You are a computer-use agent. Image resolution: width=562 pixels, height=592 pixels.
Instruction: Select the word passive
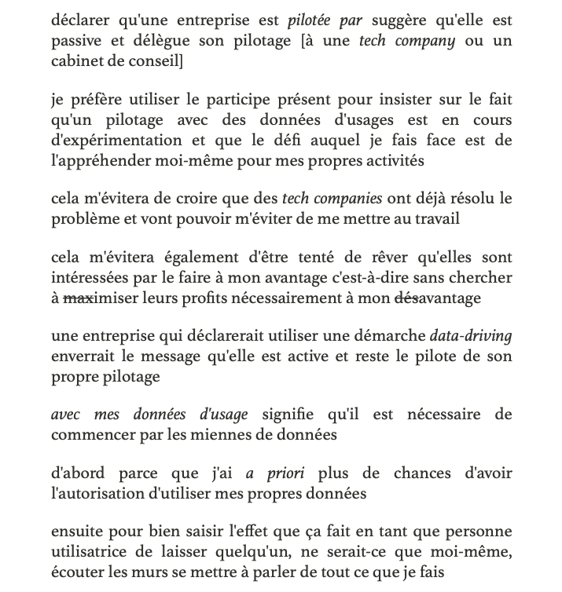(75, 41)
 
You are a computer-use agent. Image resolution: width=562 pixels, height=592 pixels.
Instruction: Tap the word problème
(83, 219)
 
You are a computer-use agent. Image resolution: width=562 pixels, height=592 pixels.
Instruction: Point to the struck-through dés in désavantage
(404, 298)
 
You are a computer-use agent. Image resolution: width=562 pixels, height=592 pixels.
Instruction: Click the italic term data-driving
(470, 336)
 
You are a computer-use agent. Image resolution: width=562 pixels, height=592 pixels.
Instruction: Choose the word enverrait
(82, 356)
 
